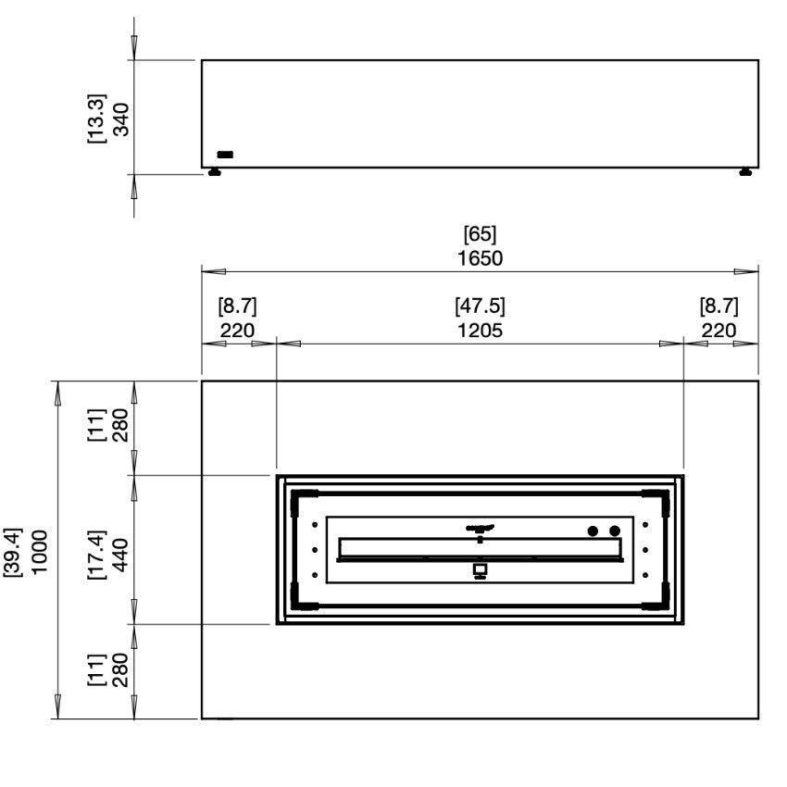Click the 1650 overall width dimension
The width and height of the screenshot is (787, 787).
tap(480, 257)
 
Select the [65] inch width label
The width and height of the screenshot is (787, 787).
tap(480, 234)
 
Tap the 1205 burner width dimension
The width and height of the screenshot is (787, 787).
tap(480, 331)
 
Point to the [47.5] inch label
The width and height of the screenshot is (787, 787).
tap(480, 306)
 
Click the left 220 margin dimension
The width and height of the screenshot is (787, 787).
tap(237, 331)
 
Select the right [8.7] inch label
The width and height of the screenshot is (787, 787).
tap(718, 306)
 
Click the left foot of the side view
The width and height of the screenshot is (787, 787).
tap(214, 173)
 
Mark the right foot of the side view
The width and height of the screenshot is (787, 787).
tap(746, 173)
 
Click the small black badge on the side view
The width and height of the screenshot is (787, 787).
tap(225, 155)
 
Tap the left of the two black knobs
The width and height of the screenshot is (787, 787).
tap(593, 531)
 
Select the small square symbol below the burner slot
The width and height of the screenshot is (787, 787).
tap(480, 569)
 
